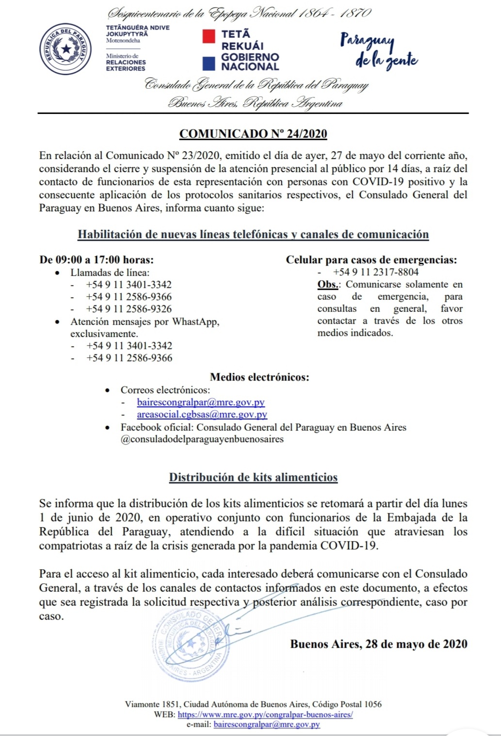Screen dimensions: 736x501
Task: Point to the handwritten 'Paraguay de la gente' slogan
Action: (x=379, y=51)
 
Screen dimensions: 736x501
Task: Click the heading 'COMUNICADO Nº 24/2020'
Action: (x=253, y=134)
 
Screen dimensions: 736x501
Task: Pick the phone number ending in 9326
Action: (x=129, y=309)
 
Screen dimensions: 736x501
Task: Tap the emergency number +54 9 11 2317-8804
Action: (x=375, y=272)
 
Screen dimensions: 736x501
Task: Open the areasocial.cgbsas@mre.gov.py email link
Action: (x=202, y=415)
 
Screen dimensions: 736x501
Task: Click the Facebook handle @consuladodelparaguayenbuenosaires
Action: (x=202, y=439)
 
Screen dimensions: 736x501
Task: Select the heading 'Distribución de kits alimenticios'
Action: (x=253, y=477)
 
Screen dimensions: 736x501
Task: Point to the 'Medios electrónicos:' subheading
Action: (x=259, y=377)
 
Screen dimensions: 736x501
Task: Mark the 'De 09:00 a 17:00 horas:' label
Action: (x=97, y=259)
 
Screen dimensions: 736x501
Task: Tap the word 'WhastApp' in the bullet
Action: (x=195, y=321)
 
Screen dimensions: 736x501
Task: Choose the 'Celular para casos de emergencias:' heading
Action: (x=371, y=259)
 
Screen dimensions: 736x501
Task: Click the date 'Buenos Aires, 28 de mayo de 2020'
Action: (x=379, y=644)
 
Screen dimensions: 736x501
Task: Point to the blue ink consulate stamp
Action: (x=190, y=642)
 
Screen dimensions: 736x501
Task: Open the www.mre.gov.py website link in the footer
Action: (x=265, y=715)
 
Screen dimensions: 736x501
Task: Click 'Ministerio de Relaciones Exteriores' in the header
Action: (x=126, y=63)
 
